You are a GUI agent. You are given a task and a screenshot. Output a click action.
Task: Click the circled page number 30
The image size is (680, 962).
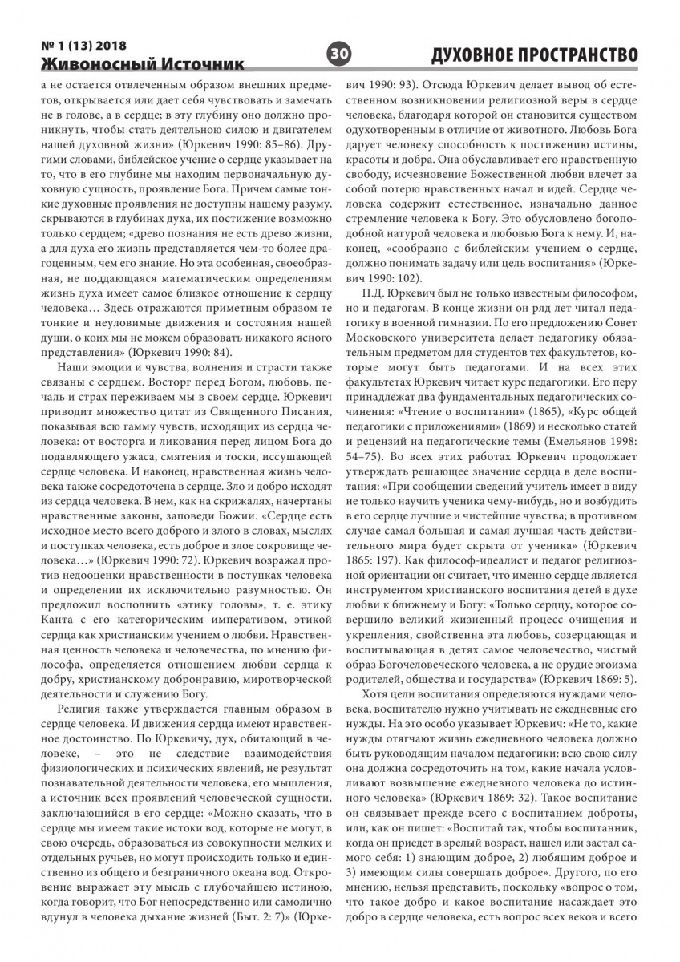[x=340, y=53]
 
